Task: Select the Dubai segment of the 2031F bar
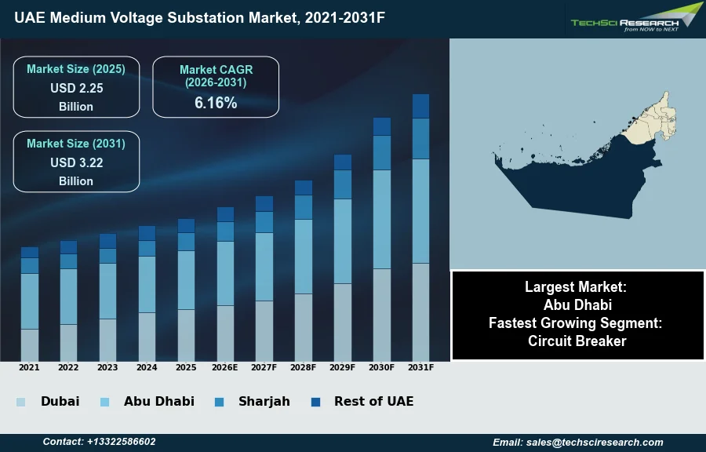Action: [x=421, y=312]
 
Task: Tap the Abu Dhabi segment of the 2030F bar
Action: [x=382, y=219]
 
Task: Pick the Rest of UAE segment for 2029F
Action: [x=343, y=162]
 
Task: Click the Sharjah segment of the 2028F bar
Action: [x=304, y=207]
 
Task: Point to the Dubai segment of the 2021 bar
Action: [x=30, y=344]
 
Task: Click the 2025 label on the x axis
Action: [x=186, y=367]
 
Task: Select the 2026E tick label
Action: [x=225, y=367]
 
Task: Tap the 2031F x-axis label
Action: [x=421, y=367]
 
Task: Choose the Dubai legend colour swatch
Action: [x=20, y=402]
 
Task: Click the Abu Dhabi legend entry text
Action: [x=158, y=401]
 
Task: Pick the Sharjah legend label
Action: [x=264, y=401]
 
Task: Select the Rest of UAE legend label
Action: [x=373, y=401]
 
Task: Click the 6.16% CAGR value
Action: [x=216, y=103]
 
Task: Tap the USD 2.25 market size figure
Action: [x=76, y=89]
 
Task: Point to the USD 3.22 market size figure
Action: [x=76, y=163]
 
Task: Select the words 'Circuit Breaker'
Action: [x=577, y=341]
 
